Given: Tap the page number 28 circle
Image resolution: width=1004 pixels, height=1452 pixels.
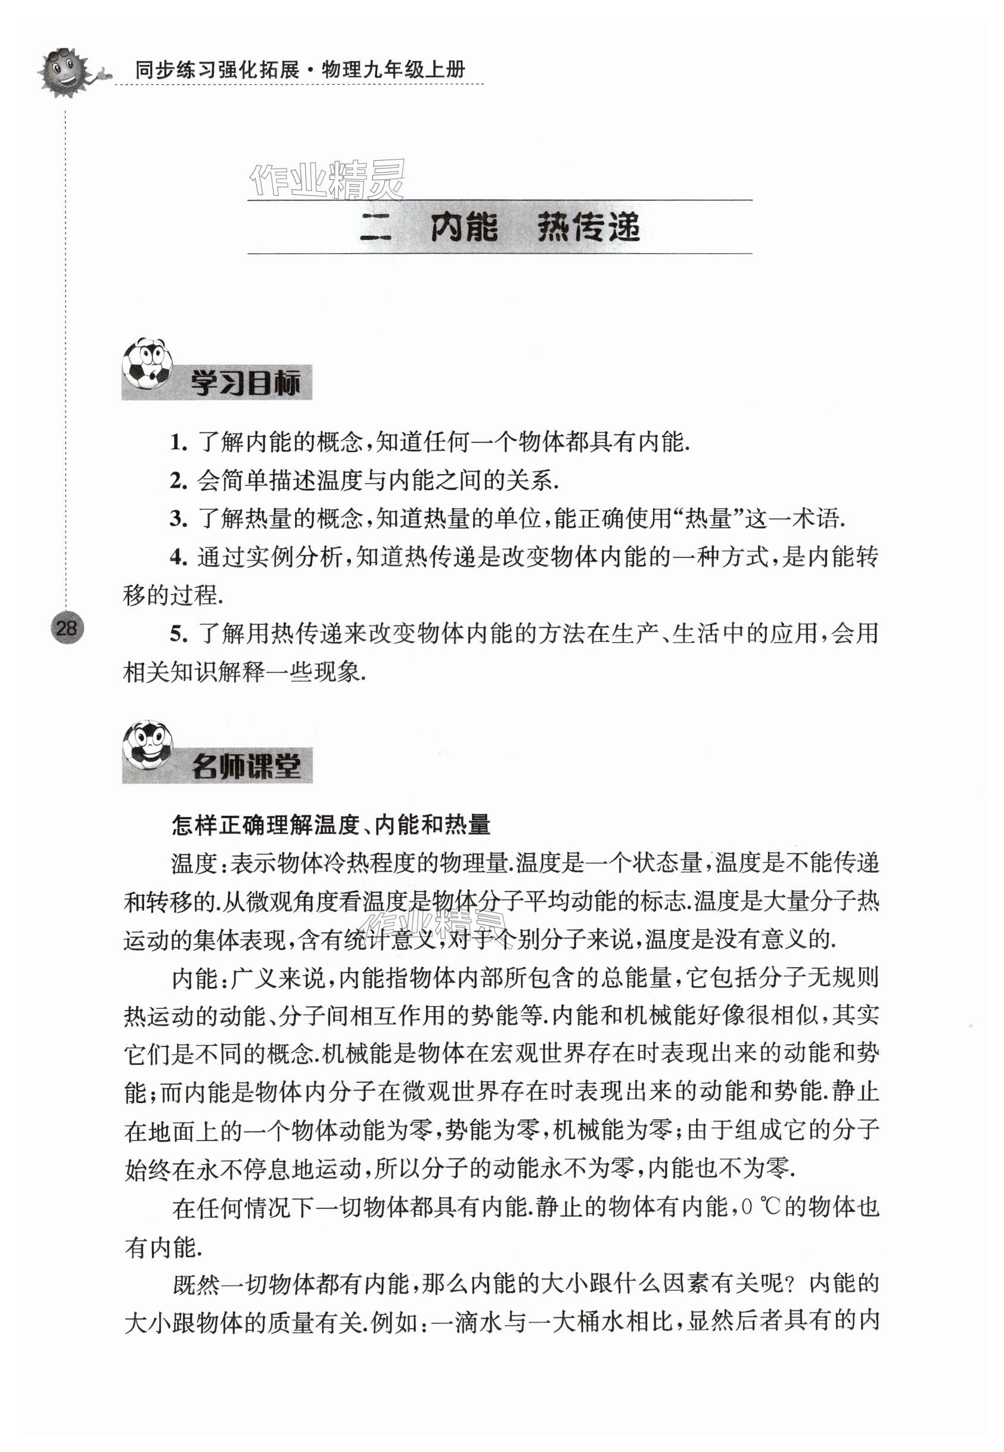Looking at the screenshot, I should click(66, 628).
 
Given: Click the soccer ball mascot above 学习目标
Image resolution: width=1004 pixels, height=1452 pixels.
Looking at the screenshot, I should click(147, 363).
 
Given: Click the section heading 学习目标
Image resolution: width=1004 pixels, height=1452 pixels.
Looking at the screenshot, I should click(245, 383).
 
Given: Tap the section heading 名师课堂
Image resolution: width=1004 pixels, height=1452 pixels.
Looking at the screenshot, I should click(246, 766).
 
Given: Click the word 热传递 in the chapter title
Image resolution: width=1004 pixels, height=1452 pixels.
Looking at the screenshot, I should click(588, 227).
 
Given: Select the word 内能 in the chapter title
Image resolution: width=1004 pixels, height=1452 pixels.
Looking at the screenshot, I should click(464, 227).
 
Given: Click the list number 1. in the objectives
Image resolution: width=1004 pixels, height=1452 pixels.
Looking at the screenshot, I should click(179, 443).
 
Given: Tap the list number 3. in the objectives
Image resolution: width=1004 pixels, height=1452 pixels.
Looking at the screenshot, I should click(179, 519).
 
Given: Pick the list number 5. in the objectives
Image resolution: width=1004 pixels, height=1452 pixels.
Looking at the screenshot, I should click(179, 633).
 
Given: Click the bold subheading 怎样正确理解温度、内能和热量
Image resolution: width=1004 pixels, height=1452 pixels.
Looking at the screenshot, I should click(331, 824).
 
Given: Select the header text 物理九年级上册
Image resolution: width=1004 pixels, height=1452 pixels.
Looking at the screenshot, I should click(393, 69).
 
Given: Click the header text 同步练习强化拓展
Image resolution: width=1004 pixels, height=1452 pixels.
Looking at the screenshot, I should click(217, 69).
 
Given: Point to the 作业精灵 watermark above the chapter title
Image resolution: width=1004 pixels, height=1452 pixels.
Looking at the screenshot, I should click(327, 179).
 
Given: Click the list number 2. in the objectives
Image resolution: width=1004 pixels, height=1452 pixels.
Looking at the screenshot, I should click(179, 481).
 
